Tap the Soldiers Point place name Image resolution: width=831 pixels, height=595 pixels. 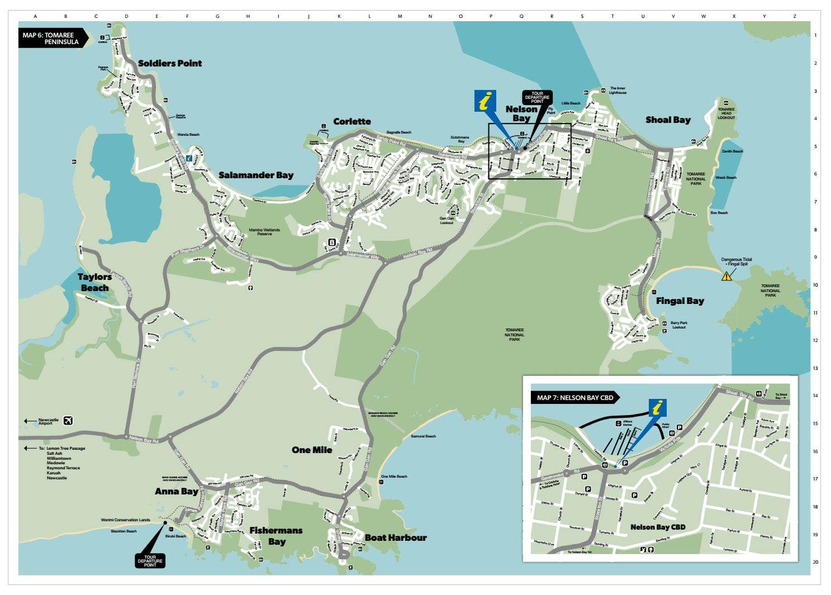coord(170,63)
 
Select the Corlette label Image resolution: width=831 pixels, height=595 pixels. coord(352,121)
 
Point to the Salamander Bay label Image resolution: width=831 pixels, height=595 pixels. coord(256,175)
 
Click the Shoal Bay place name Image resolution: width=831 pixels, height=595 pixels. coord(668,120)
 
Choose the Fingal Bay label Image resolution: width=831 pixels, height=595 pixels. coord(680,301)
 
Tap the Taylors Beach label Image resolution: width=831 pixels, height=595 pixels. coord(94,282)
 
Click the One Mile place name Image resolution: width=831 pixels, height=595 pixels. coord(312,450)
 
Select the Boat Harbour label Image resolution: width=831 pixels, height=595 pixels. coord(396,537)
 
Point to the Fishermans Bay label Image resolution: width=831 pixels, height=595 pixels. coord(276,536)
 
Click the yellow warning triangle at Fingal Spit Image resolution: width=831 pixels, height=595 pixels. coord(726,275)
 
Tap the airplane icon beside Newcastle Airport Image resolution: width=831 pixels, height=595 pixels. coord(69,421)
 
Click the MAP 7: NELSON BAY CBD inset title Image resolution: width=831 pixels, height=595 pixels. coord(575,398)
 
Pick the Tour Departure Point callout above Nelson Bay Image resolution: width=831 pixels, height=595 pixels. coord(537,98)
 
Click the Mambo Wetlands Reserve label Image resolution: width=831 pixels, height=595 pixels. coord(264,231)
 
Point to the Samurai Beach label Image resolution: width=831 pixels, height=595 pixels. coord(423,436)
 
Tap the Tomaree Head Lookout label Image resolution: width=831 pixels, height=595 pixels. coord(726,113)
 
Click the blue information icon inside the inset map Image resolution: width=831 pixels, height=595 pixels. coord(658,408)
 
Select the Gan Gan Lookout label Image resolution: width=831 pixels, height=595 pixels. coord(447,221)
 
